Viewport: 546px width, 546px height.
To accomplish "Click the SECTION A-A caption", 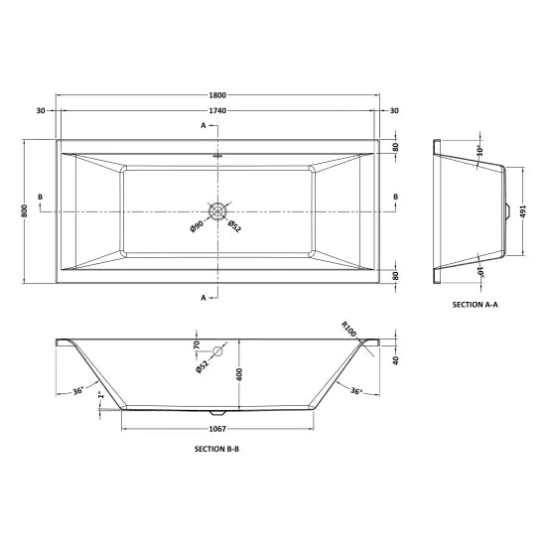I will pyautogui.click(x=475, y=304).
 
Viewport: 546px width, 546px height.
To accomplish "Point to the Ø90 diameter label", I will pyautogui.click(x=198, y=226).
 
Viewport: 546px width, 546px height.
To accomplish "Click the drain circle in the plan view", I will pyautogui.click(x=218, y=211).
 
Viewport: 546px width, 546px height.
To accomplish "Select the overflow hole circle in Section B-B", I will pyautogui.click(x=217, y=352).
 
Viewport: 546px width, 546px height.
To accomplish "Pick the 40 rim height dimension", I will pyautogui.click(x=397, y=360).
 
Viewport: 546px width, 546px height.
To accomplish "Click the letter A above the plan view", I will pyautogui.click(x=203, y=126).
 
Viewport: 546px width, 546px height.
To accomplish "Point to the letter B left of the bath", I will pyautogui.click(x=39, y=199).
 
